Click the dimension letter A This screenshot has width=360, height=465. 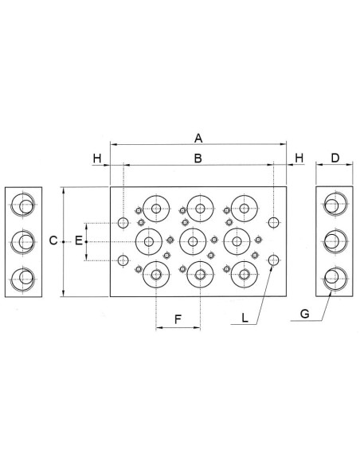pos(198,139)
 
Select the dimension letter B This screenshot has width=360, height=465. pos(198,158)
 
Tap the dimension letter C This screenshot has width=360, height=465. pos(53,240)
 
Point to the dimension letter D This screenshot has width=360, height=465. pos(335,158)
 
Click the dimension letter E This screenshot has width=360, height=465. pos(78,240)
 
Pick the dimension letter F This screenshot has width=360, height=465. pos(178,320)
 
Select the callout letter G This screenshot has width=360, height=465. pos(305,314)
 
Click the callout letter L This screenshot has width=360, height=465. pos(245,318)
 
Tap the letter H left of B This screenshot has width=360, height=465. pos(97,158)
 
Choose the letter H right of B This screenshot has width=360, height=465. pos(299,158)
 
